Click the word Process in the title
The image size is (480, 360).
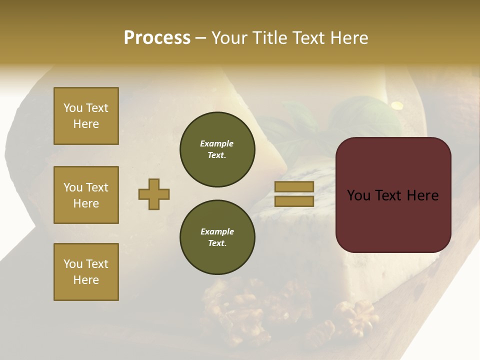tap(157, 38)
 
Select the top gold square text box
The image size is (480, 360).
tap(86, 116)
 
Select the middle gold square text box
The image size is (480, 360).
tap(86, 195)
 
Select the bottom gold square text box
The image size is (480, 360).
tap(86, 272)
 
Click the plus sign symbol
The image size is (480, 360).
tap(154, 194)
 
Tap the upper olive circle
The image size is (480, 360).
tap(217, 149)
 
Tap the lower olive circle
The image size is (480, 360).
tap(217, 237)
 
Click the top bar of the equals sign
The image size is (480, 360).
tap(294, 186)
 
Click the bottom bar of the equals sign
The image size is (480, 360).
tap(294, 201)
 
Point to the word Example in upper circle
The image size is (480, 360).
tap(217, 143)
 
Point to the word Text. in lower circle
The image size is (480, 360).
tap(217, 243)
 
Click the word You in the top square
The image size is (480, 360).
tap(72, 108)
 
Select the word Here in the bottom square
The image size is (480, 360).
tap(86, 280)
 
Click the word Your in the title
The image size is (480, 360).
tap(229, 38)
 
